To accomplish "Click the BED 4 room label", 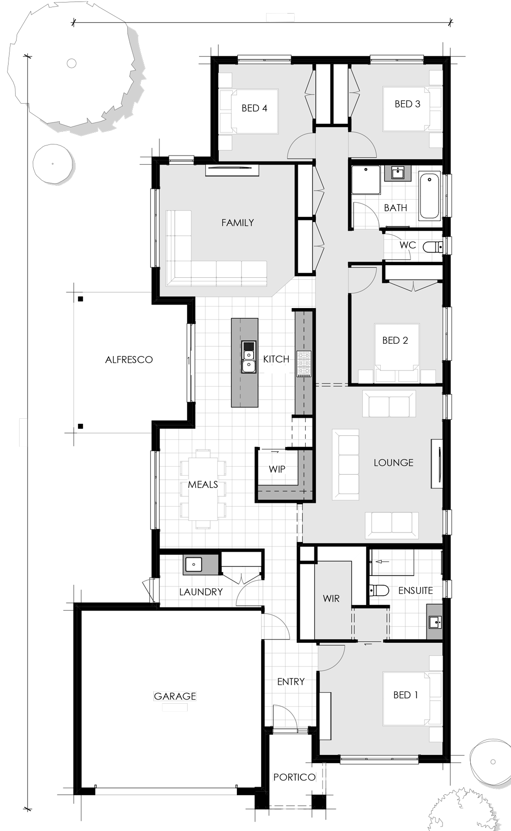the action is (x=254, y=108).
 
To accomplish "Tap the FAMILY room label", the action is (x=238, y=222).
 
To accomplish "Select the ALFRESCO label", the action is (x=129, y=359).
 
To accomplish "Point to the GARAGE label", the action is (x=175, y=696).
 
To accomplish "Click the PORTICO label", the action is (x=294, y=777).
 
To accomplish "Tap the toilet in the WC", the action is (x=433, y=247).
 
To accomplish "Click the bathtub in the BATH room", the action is (x=430, y=195).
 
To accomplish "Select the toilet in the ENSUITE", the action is (x=379, y=590).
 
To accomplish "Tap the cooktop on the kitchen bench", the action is (x=304, y=364).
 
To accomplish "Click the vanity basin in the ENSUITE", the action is (x=435, y=622).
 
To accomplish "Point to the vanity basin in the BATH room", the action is (x=398, y=173).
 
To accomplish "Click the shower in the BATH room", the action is (x=366, y=180).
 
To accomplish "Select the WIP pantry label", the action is (x=277, y=469).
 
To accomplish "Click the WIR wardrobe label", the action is (x=331, y=598).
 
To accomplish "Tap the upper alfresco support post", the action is (x=80, y=298).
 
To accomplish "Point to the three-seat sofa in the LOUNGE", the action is (x=346, y=465).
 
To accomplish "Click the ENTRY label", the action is (x=291, y=682).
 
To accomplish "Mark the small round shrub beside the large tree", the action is (x=53, y=164).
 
